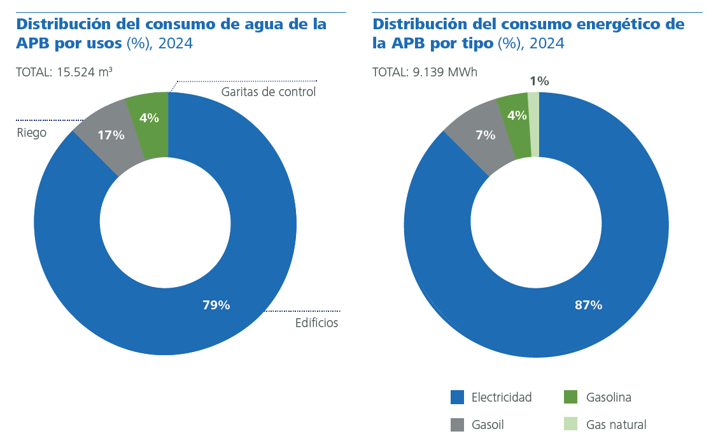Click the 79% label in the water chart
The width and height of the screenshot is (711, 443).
coord(216,305)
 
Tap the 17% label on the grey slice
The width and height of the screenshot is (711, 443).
coord(111,135)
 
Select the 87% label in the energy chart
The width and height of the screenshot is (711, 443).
coord(588,305)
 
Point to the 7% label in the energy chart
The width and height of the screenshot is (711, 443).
coord(485,135)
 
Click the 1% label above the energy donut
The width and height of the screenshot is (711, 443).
coord(539,81)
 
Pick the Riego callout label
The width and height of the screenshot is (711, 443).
coord(31,132)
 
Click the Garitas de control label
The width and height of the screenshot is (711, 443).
coord(268,92)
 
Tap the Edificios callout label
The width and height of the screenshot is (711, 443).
coord(316,323)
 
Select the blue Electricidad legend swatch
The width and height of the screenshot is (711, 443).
coord(457,397)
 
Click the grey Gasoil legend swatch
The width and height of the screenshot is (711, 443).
coord(457,425)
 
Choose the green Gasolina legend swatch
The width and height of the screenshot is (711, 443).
coord(571,397)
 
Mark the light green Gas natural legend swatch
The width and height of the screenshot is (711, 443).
coord(571,425)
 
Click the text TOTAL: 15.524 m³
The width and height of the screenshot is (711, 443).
coord(64,72)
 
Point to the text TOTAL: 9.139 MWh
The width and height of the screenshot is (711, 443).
coord(425,72)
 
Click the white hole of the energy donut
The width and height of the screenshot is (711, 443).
coord(536,224)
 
